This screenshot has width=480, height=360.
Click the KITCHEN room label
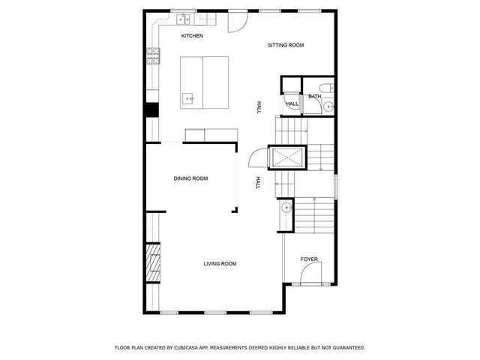(x=192, y=36)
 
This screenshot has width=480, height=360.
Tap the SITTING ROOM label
(x=286, y=46)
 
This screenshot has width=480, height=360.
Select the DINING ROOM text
(x=190, y=178)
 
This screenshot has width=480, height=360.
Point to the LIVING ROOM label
(x=220, y=263)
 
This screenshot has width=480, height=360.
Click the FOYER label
(x=309, y=259)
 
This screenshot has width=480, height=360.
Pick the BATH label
(x=314, y=97)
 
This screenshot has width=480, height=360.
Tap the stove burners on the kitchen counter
(x=153, y=56)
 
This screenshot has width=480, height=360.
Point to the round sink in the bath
(x=328, y=108)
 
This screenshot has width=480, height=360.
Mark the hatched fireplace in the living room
(x=153, y=263)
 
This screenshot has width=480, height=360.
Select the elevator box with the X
(x=286, y=158)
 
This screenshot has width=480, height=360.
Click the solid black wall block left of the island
(x=152, y=109)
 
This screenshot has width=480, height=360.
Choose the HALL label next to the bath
(x=292, y=103)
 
